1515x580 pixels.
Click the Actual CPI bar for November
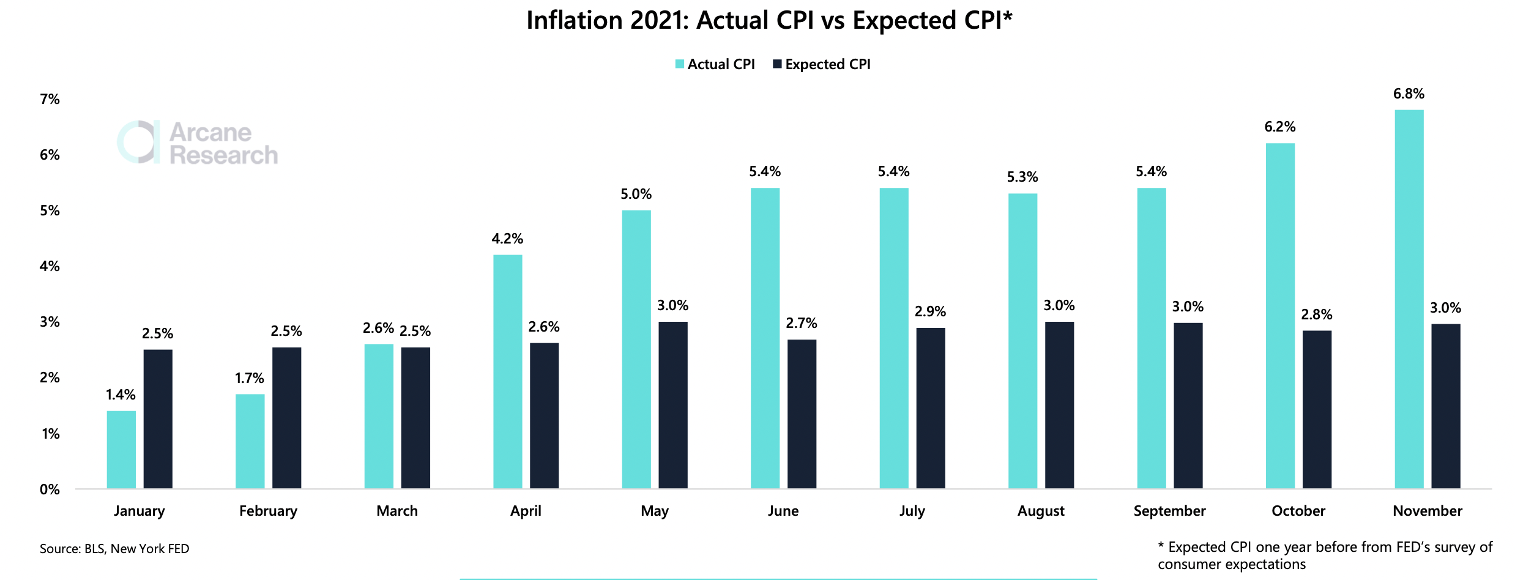pos(1409,299)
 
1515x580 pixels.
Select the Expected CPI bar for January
pos(158,419)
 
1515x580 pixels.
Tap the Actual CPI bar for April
pos(508,371)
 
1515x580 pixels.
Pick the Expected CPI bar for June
pos(802,414)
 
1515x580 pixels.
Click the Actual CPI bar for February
pos(250,441)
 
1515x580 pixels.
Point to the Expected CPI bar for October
pos(1317,409)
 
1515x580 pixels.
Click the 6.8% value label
pos(1409,94)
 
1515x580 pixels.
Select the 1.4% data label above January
pos(121,395)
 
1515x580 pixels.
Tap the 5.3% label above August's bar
pos(1022,177)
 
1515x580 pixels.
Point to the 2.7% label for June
pos(802,323)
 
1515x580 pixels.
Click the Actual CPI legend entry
pos(715,64)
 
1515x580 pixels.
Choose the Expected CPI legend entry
pos(821,64)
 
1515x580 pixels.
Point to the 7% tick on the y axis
pos(50,99)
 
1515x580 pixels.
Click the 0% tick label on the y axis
pos(50,489)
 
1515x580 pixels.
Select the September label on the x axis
pos(1169,511)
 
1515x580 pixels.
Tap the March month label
pos(397,511)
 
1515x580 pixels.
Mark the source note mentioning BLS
pos(114,549)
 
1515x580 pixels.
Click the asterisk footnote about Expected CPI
pos(1325,556)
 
